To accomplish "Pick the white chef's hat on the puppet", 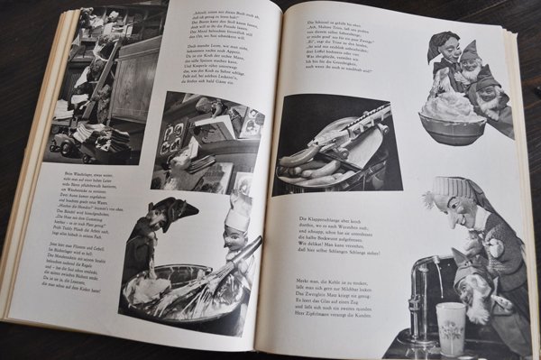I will pos(236,217).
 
